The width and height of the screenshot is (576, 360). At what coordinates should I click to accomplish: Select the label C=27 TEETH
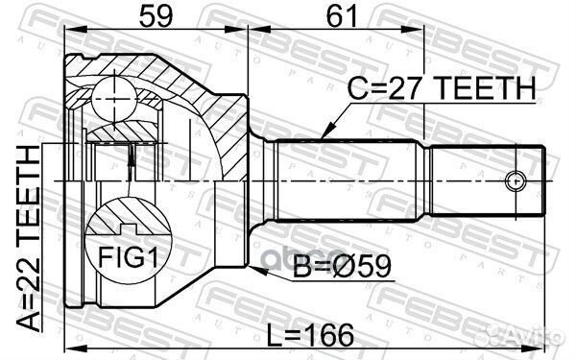coord(441,89)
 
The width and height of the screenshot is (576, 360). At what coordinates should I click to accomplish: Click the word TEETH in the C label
coord(480,89)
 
